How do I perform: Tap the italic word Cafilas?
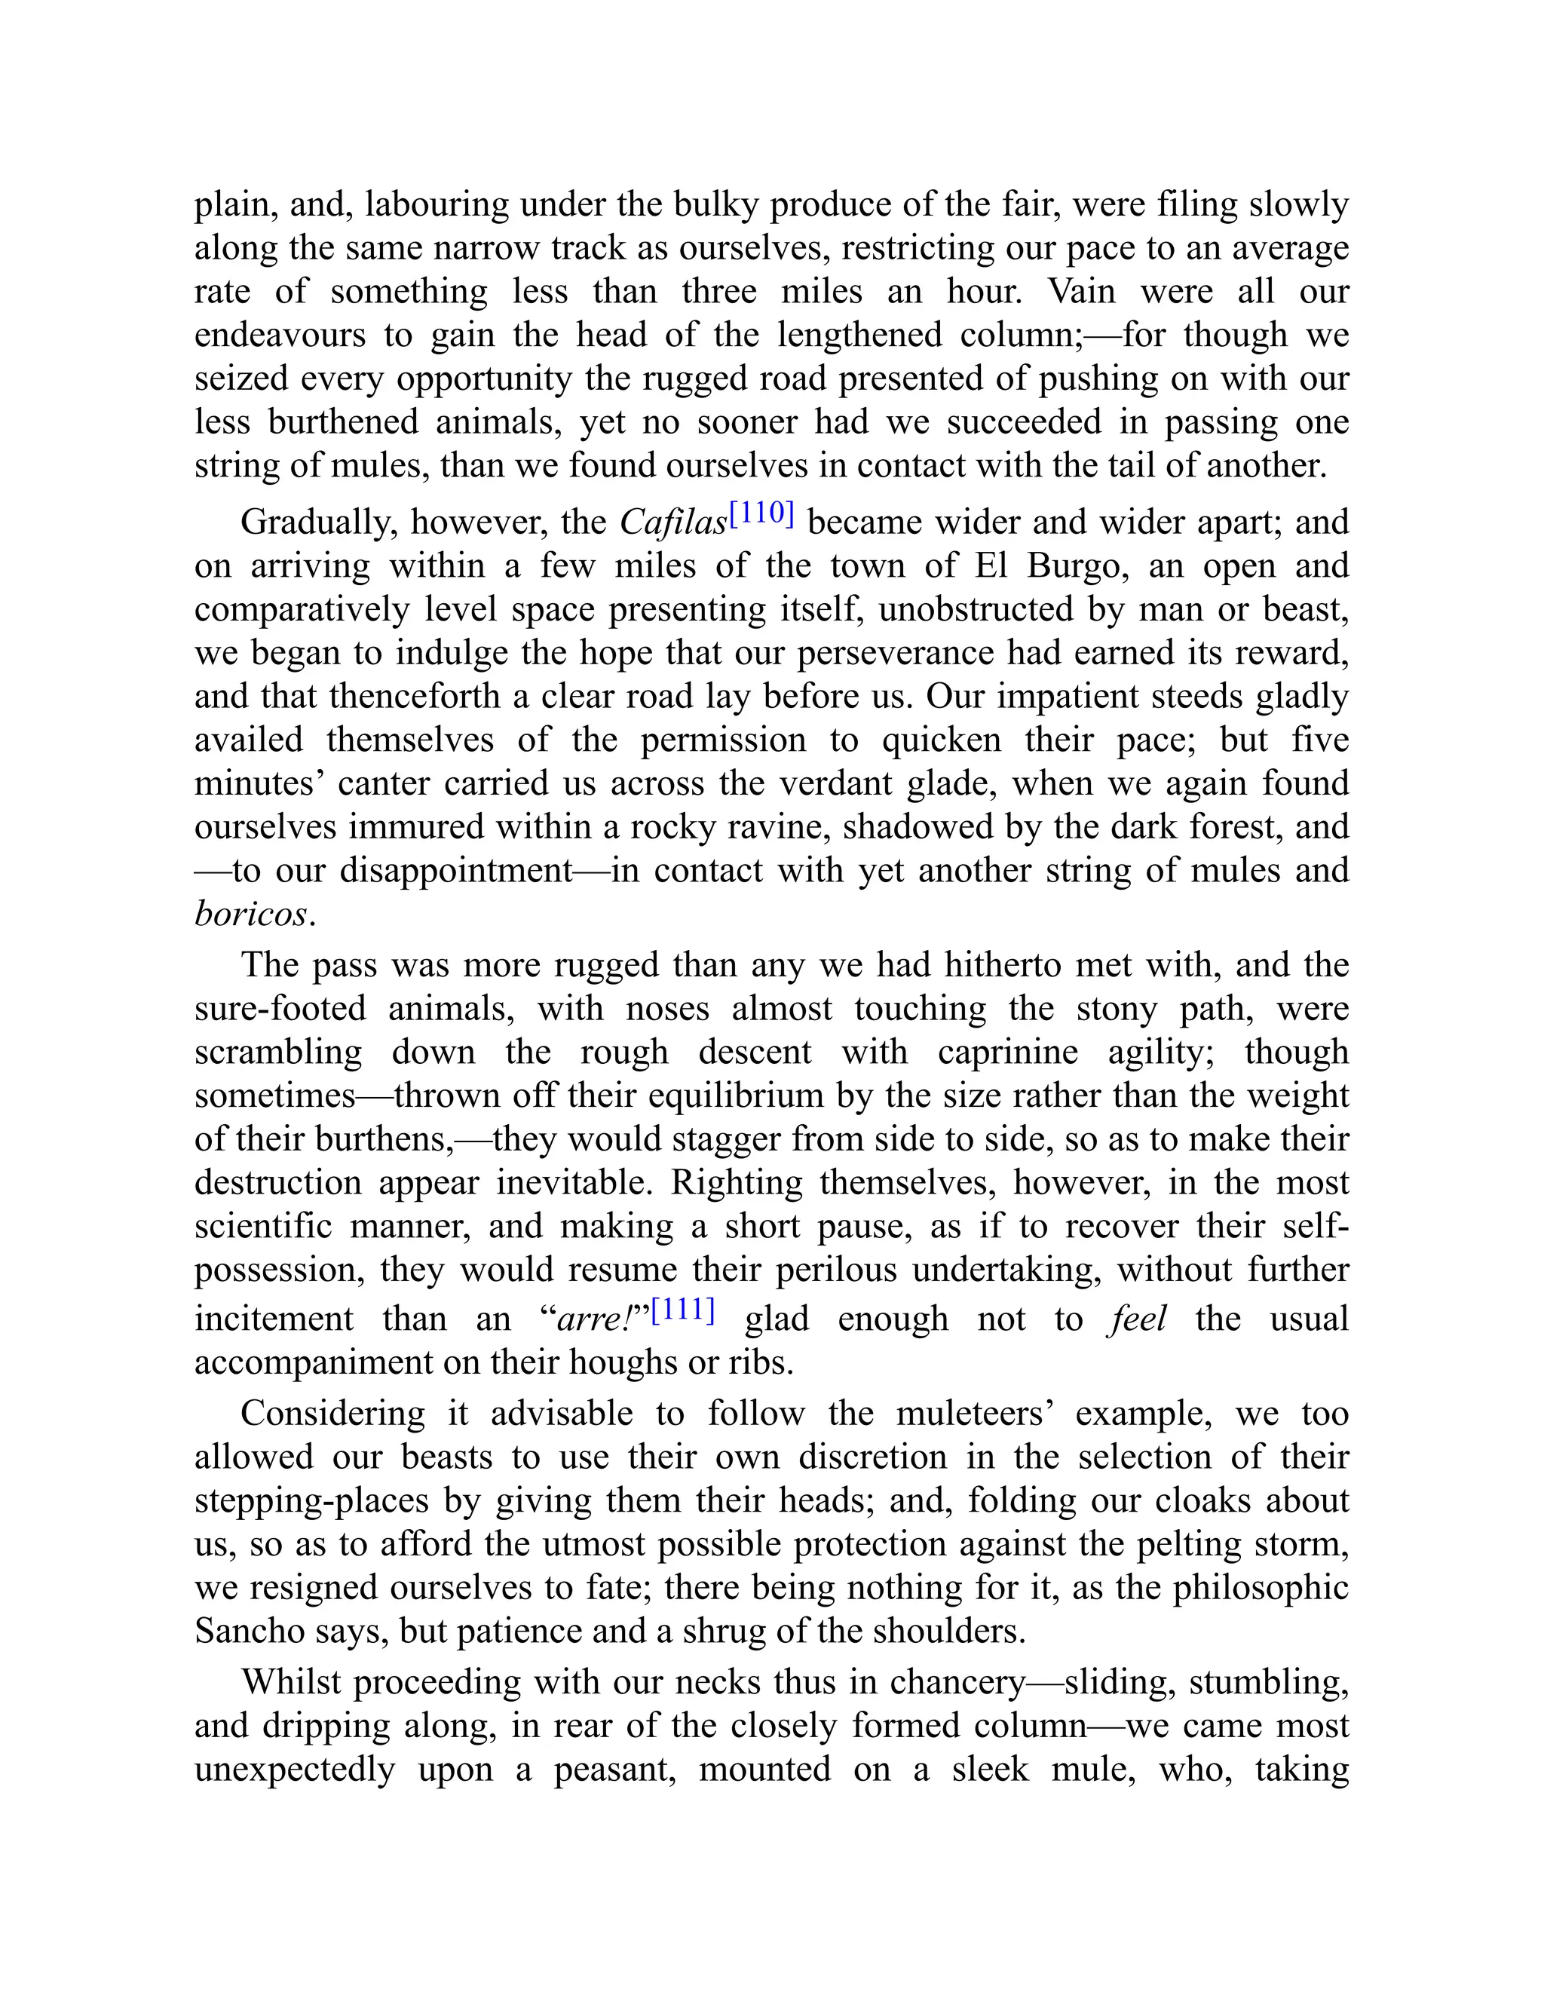tap(673, 522)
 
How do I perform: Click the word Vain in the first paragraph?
tap(1081, 291)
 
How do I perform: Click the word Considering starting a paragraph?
tap(333, 1414)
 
